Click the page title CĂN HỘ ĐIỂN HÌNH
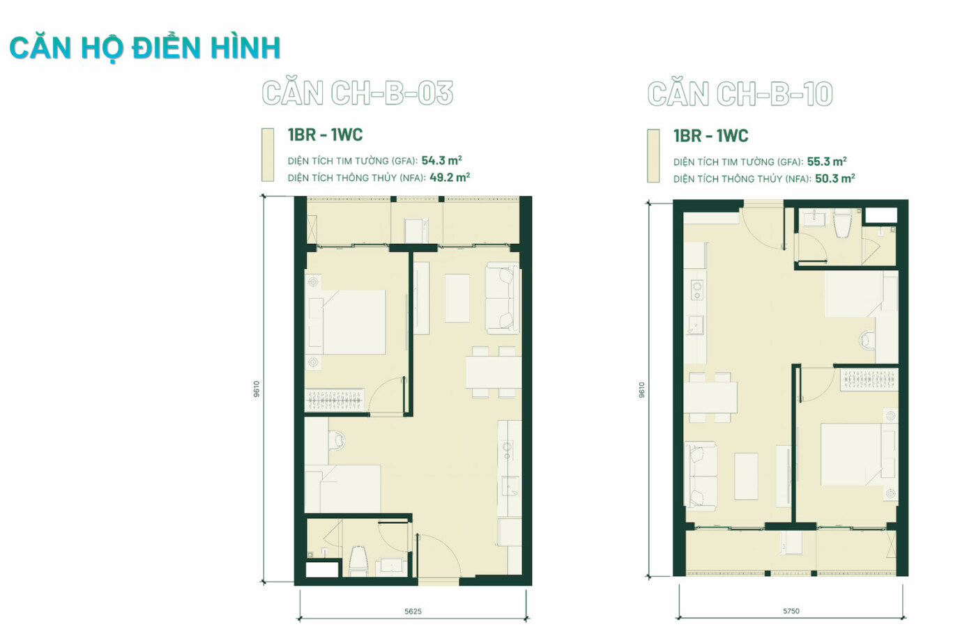(x=145, y=48)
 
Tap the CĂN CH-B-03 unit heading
(x=357, y=93)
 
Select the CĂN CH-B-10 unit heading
(x=740, y=93)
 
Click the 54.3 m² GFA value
(x=441, y=160)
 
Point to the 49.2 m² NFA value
(x=450, y=177)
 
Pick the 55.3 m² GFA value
(x=827, y=161)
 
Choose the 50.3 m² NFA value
(x=835, y=178)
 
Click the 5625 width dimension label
(x=413, y=611)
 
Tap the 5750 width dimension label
(x=791, y=611)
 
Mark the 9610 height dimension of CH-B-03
(x=257, y=389)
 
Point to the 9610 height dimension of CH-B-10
(x=641, y=390)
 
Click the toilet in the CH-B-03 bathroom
(x=358, y=561)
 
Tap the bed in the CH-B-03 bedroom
(x=345, y=322)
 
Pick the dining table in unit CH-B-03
(x=494, y=372)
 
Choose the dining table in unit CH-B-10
(x=710, y=397)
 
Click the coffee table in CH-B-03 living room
(x=457, y=297)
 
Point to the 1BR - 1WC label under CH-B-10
(x=710, y=136)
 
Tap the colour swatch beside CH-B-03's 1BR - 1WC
(x=268, y=155)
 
